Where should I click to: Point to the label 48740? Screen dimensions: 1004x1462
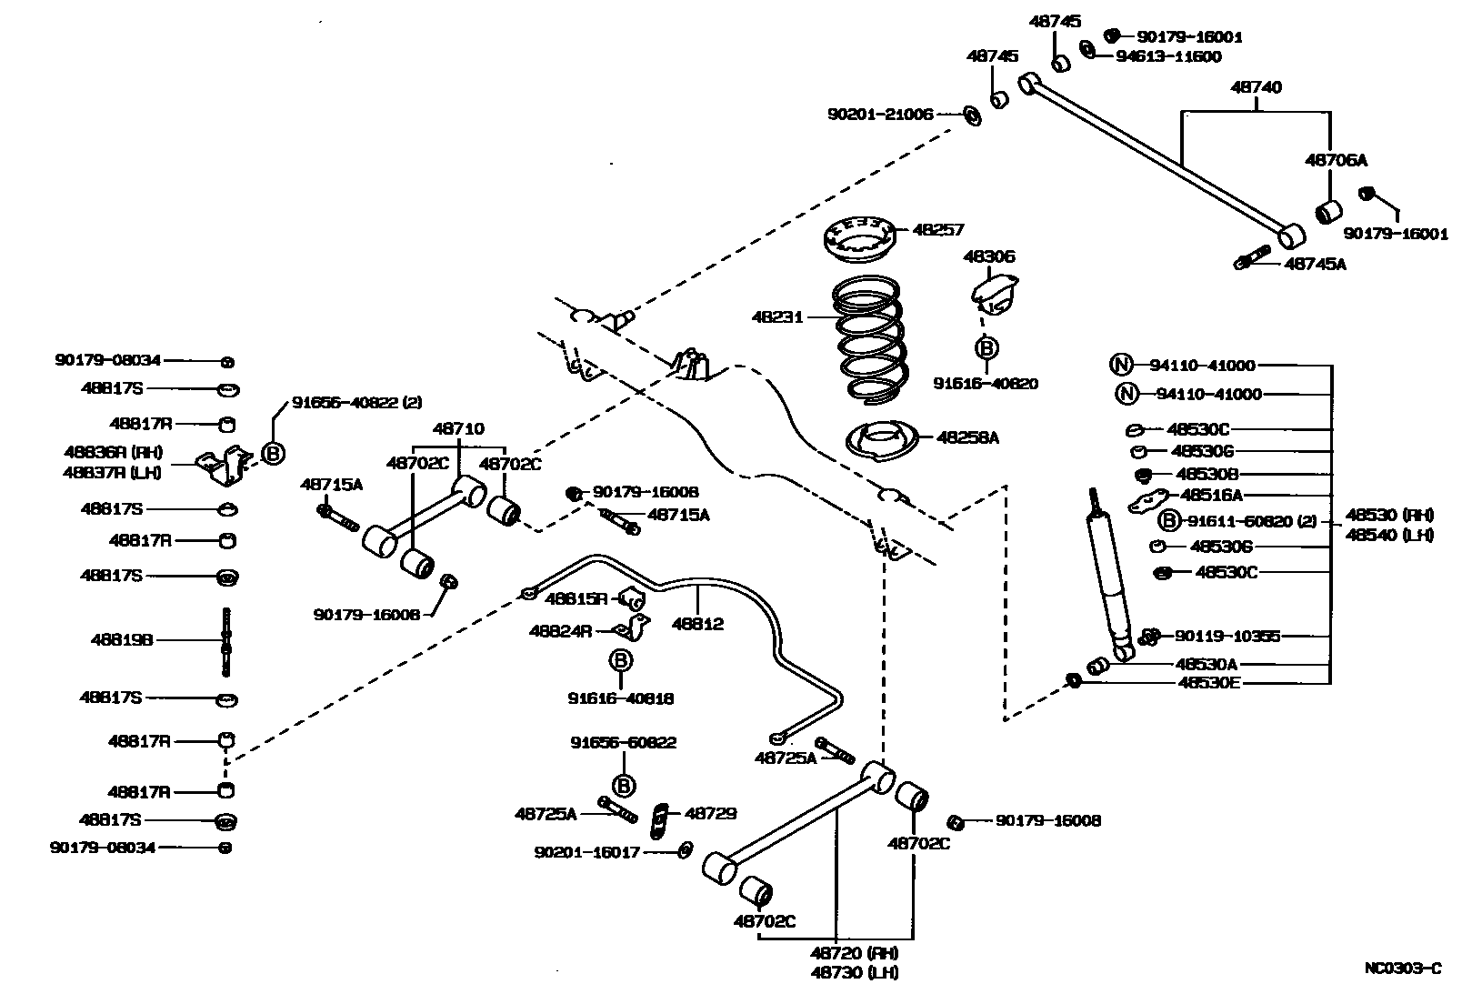point(1256,87)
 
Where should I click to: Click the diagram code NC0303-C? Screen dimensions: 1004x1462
point(1402,968)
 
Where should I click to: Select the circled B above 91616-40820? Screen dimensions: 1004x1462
point(986,347)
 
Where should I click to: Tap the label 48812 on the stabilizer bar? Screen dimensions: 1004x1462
point(697,623)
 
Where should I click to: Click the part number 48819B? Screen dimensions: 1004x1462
point(122,640)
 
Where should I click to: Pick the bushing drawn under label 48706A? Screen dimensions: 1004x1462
point(1329,212)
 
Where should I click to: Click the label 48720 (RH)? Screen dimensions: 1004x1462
point(854,953)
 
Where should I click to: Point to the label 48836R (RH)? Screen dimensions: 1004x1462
point(113,452)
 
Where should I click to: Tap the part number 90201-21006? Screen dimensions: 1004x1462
point(879,115)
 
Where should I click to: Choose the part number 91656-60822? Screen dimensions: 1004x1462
point(623,742)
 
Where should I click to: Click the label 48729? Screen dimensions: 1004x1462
point(710,813)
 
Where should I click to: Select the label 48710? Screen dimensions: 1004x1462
point(458,428)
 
